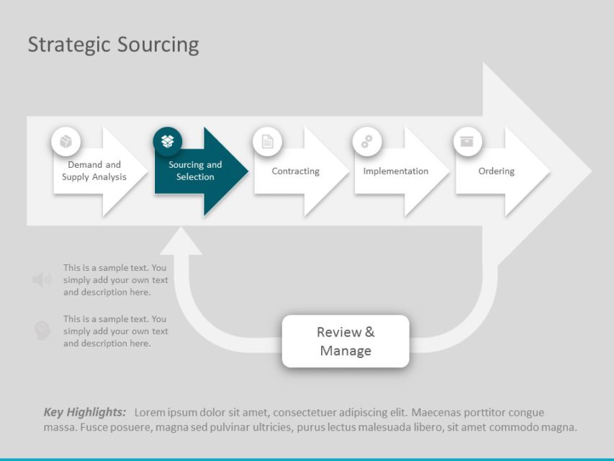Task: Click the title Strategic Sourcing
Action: [113, 45]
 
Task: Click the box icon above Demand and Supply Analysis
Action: [66, 141]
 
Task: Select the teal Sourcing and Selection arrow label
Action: [195, 171]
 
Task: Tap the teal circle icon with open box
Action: [167, 141]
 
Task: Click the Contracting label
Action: [295, 171]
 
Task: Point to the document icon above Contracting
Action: [267, 141]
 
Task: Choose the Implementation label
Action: [395, 171]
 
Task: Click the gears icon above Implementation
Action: [367, 141]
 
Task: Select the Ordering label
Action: [496, 171]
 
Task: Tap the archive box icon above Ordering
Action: [467, 141]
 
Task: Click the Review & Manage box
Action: [346, 341]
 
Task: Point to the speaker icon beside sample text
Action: [41, 280]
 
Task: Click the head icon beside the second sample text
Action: [42, 331]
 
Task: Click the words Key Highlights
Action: [84, 413]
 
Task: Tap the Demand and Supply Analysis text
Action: [94, 171]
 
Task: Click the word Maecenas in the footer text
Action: [440, 413]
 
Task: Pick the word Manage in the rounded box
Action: [346, 351]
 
